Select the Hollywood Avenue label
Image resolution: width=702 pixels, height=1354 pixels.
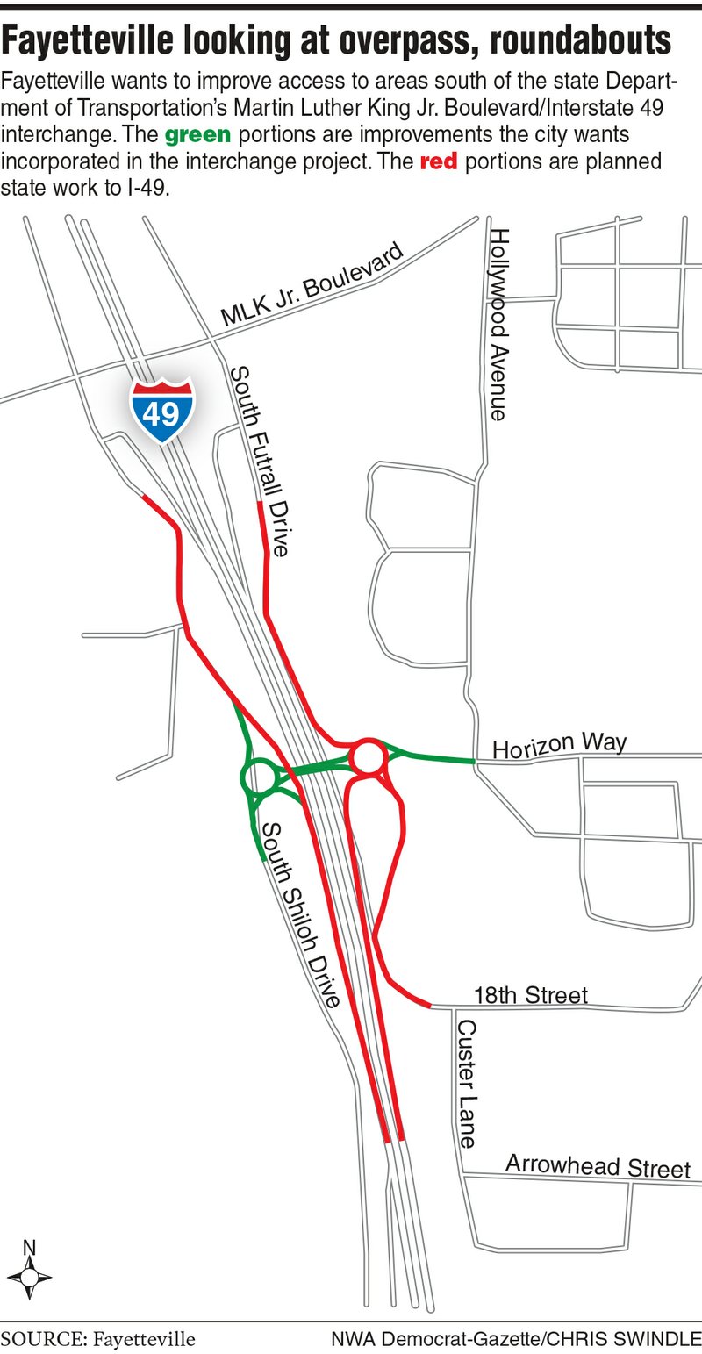(x=499, y=324)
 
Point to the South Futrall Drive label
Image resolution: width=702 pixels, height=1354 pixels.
(x=260, y=462)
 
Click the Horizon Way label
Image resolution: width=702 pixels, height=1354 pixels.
(x=559, y=747)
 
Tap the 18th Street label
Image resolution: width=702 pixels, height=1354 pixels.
(x=530, y=995)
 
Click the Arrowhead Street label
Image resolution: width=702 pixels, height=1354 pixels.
(x=598, y=1167)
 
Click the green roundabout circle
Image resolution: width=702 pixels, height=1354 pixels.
(x=257, y=777)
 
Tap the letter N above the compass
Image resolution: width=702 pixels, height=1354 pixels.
(x=29, y=1246)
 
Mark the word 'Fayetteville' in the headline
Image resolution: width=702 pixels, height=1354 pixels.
(x=94, y=42)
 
